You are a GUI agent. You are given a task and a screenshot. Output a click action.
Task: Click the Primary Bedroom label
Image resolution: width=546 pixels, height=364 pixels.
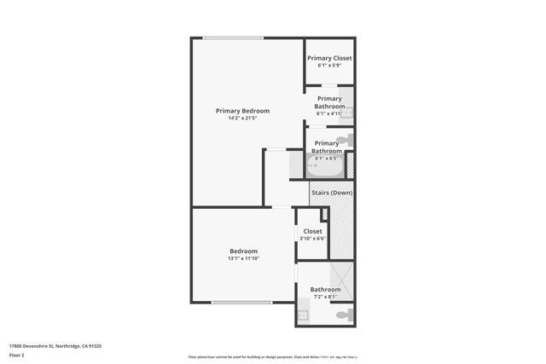tap(242, 111)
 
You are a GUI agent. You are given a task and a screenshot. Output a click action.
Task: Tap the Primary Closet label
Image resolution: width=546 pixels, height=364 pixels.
tap(329, 58)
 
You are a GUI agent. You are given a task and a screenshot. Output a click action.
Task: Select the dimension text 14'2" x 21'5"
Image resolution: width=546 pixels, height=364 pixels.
tap(242, 118)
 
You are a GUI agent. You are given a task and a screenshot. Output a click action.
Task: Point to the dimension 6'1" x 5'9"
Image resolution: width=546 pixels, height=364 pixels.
tap(329, 66)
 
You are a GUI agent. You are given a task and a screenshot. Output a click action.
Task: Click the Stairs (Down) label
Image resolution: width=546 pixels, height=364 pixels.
tap(331, 193)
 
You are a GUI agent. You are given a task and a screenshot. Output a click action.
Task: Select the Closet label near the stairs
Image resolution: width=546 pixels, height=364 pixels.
tap(313, 231)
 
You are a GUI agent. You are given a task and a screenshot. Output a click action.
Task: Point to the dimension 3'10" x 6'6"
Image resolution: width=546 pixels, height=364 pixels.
tap(313, 239)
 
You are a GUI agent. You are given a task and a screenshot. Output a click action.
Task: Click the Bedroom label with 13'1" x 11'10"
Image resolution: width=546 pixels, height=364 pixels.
tap(243, 251)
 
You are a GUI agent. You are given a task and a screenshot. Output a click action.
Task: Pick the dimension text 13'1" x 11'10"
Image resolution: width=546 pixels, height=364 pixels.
tap(243, 258)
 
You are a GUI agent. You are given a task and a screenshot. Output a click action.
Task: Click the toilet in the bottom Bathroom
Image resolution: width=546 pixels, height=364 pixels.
tap(343, 315)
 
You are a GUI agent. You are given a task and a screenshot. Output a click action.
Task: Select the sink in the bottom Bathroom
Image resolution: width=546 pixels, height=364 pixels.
tap(302, 315)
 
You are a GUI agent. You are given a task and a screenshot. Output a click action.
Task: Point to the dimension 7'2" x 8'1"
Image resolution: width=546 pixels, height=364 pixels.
tap(325, 298)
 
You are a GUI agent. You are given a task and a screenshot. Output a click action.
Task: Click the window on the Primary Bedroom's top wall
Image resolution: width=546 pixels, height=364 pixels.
tap(233, 37)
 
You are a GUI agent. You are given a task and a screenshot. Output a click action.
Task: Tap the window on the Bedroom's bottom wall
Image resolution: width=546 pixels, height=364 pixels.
tap(241, 303)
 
